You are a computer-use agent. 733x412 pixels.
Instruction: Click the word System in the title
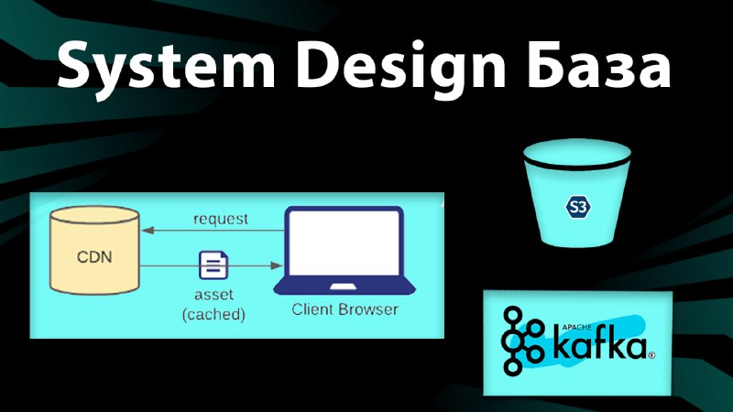click(166, 65)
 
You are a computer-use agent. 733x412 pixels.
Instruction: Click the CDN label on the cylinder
click(94, 256)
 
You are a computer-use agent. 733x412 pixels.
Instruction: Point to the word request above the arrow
click(221, 219)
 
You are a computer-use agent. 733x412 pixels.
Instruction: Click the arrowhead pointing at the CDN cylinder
click(148, 230)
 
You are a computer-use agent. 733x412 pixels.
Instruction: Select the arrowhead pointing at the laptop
click(278, 266)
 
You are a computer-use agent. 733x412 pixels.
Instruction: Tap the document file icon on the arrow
click(213, 265)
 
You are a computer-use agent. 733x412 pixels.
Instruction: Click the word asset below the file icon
click(213, 294)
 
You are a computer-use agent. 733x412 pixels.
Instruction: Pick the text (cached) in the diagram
click(213, 314)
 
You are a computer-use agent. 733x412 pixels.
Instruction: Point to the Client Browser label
click(345, 309)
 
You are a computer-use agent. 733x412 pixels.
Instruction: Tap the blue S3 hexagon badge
click(578, 207)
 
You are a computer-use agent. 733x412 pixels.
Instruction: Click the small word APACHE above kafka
click(576, 328)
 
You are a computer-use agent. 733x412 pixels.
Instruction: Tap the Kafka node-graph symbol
click(522, 341)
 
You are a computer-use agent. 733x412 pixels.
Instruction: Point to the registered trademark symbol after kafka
click(651, 356)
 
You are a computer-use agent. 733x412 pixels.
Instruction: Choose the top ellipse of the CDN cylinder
click(95, 216)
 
